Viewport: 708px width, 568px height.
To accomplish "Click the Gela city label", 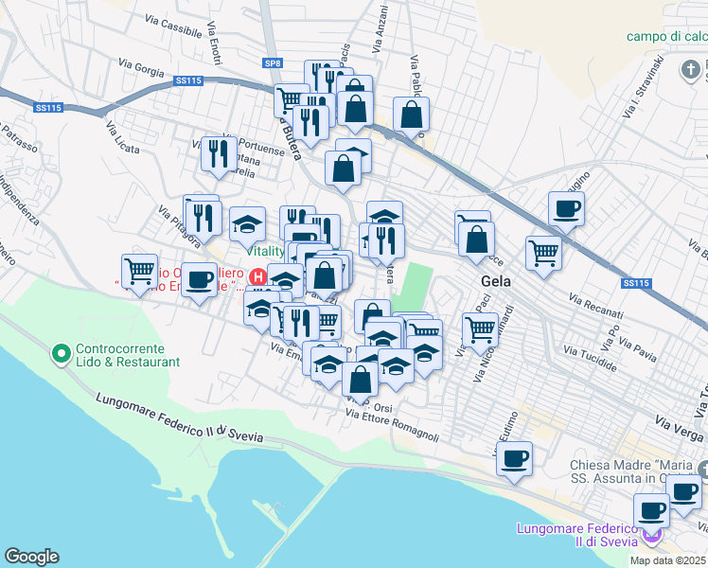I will click(x=496, y=280).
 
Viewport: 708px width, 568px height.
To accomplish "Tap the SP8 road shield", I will click(x=274, y=62).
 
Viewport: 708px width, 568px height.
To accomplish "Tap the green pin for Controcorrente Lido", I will click(x=62, y=354).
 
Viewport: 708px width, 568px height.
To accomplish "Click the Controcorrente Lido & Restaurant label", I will click(x=128, y=355).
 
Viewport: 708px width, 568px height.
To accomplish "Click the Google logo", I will click(x=31, y=557).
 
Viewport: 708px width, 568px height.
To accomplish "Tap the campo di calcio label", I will click(x=666, y=37).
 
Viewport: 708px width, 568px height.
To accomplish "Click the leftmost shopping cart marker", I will click(x=140, y=271).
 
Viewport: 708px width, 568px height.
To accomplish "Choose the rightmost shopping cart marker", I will click(x=543, y=252).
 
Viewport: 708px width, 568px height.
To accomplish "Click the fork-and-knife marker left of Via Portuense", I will click(x=219, y=152).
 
